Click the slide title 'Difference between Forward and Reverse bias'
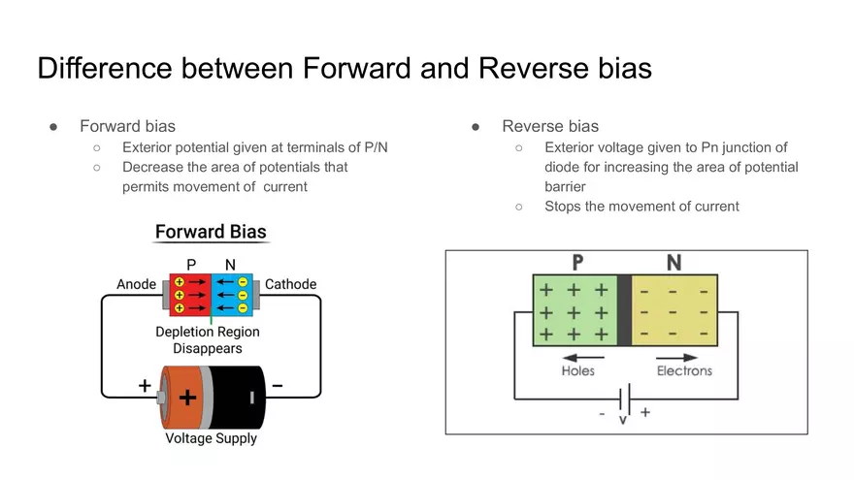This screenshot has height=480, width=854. coord(345,69)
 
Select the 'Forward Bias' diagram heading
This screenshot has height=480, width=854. coord(211,233)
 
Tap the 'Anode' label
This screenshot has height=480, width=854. coord(136,284)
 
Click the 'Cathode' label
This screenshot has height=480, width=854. coord(291,284)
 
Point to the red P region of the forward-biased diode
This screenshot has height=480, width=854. coord(190,295)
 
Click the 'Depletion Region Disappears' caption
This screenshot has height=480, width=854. coord(208,339)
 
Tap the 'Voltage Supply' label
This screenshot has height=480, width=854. coord(211,438)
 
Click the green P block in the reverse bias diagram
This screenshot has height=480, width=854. coord(575,310)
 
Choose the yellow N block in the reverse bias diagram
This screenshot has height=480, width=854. coord(673,310)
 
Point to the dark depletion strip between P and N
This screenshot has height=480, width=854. coord(624,310)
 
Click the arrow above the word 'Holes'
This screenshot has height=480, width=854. coord(583,357)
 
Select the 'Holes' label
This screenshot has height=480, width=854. coord(578,370)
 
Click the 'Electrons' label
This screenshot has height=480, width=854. coord(684,370)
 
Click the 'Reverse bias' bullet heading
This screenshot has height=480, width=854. coord(550,126)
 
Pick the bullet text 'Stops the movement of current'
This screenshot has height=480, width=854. coord(641,206)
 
